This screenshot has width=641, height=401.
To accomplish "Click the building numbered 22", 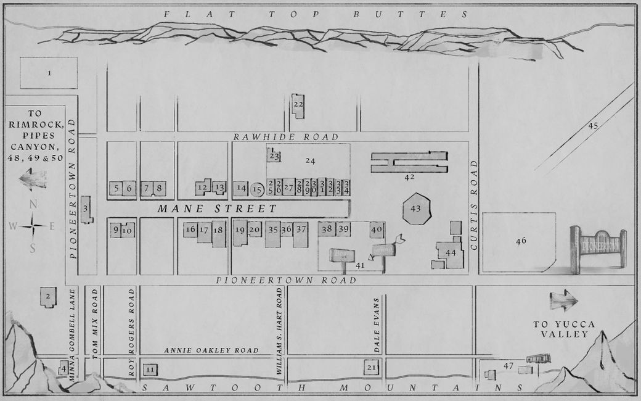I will (298, 105).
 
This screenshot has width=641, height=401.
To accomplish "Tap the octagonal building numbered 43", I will (415, 209).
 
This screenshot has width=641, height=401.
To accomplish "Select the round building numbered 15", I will (258, 189).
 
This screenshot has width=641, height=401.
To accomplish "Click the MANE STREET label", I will (208, 209).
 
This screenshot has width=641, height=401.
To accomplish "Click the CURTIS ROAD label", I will (474, 204).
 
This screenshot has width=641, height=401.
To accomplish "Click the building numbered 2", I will (47, 297).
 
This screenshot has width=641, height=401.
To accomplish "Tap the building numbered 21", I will (371, 368).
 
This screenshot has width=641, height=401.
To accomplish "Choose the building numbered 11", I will (150, 370).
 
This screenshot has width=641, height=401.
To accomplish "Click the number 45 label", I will (593, 126).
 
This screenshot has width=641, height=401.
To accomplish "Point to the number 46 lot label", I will (521, 241).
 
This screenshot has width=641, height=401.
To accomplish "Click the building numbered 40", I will (377, 229).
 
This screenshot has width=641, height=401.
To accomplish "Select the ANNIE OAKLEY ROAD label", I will (211, 351).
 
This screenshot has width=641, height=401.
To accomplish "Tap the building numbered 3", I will (86, 209).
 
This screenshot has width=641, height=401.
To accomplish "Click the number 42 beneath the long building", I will (409, 178).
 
